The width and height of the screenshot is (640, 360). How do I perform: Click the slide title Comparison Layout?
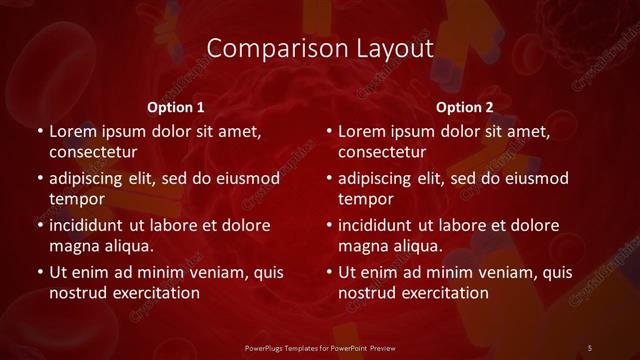[x=320, y=47]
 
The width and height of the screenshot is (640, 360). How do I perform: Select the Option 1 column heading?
[x=176, y=107]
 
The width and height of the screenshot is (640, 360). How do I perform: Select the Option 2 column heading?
[x=465, y=107]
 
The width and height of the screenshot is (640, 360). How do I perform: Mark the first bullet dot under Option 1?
[x=40, y=132]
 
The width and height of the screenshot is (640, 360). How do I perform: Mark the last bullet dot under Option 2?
[x=330, y=272]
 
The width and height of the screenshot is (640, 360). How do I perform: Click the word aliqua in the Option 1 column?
[x=126, y=246]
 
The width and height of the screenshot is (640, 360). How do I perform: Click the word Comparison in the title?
[x=263, y=47]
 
